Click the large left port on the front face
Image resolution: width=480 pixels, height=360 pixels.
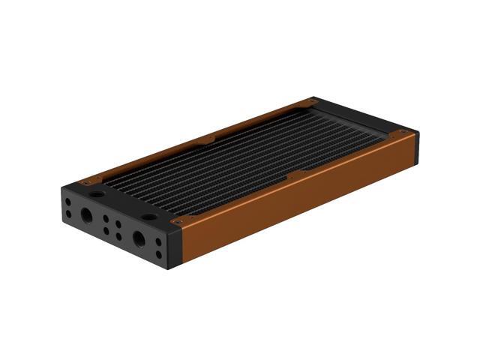click(87, 215)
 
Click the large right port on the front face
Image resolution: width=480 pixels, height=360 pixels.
click(139, 238)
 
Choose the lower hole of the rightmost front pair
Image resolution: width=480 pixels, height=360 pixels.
click(159, 255)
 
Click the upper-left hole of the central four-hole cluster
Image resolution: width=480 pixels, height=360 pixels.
click(106, 219)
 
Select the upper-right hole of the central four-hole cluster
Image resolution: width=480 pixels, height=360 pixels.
click(118, 224)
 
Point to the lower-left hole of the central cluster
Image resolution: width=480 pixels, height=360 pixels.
click(106, 231)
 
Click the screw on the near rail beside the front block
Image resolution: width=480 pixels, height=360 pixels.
click(178, 221)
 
